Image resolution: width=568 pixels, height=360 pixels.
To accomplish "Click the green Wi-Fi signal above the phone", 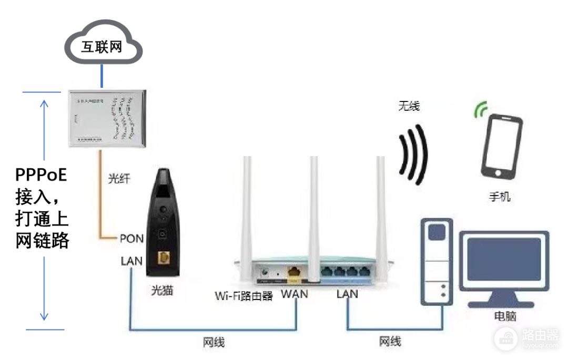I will click(480, 109).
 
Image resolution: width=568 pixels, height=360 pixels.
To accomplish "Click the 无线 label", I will click(409, 106).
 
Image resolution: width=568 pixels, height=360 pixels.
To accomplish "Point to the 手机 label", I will click(499, 197).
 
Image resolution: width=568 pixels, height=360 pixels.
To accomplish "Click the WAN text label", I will click(294, 294).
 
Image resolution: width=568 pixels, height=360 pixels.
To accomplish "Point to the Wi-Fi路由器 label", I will click(244, 295).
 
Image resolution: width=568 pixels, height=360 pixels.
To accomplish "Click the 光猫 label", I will click(162, 290).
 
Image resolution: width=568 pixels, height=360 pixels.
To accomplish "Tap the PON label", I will click(131, 239).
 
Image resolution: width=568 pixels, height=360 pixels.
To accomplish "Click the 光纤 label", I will click(119, 179).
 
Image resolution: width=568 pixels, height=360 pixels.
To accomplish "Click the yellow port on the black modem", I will click(163, 257).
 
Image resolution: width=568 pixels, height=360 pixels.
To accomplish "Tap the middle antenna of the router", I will click(314, 210).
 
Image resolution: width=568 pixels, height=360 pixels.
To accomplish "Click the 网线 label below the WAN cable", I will click(214, 343).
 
